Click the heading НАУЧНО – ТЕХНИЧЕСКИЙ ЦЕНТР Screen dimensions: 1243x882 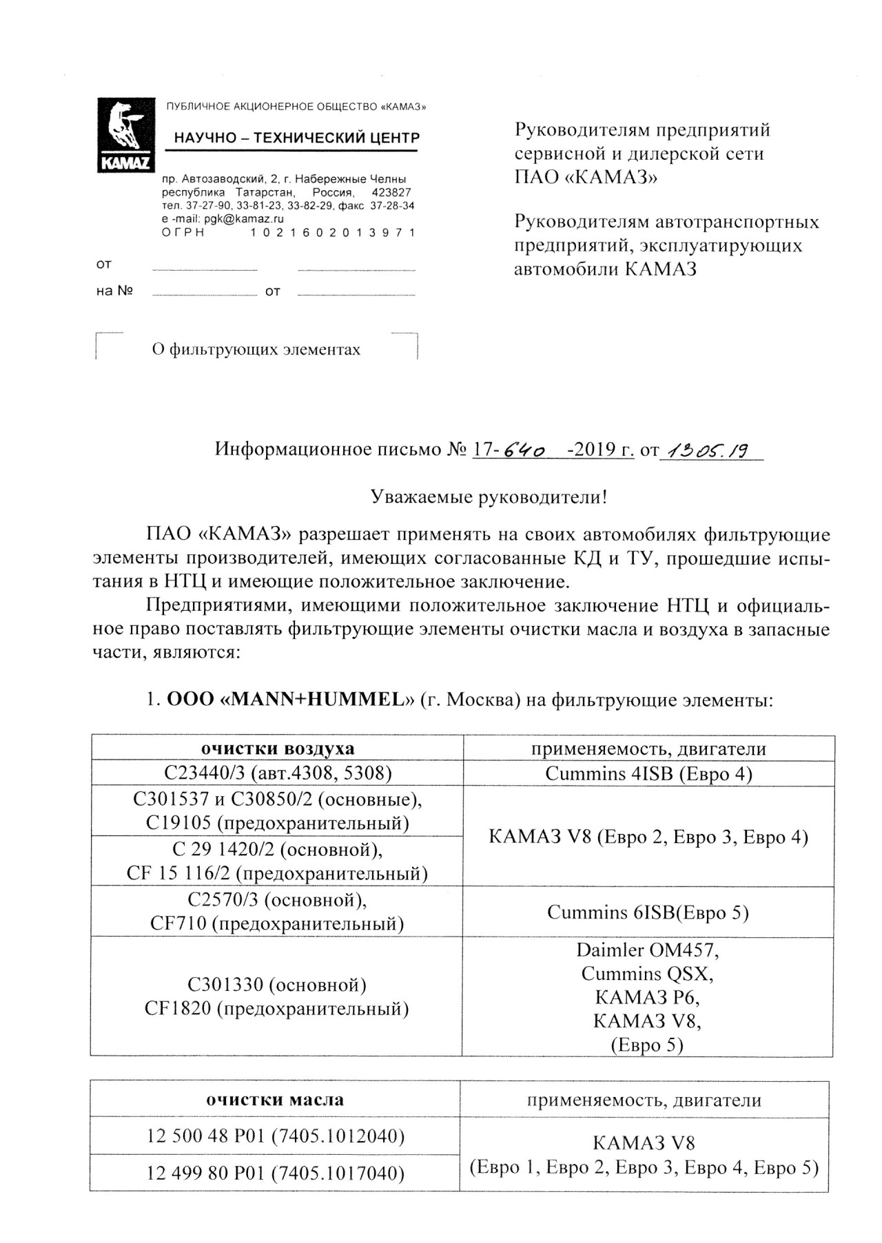(x=296, y=138)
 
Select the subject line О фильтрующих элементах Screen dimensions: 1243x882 (x=256, y=350)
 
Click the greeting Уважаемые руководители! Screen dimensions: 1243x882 (x=489, y=497)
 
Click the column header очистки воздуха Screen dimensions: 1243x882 (x=278, y=749)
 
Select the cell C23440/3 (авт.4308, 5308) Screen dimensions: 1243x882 (x=278, y=773)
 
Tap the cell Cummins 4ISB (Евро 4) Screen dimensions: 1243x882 (x=648, y=774)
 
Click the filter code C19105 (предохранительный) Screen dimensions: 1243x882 (x=278, y=823)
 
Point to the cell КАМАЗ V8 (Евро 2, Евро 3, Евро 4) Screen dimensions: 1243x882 (x=648, y=837)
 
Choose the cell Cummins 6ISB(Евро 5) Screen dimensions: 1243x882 (x=648, y=912)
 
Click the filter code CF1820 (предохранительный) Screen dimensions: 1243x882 (x=276, y=1009)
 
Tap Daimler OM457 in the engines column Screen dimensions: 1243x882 (x=648, y=950)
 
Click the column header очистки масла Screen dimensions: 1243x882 (x=275, y=1100)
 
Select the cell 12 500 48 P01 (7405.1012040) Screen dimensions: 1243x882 (x=275, y=1136)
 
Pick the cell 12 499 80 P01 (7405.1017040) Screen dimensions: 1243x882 (x=275, y=1172)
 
